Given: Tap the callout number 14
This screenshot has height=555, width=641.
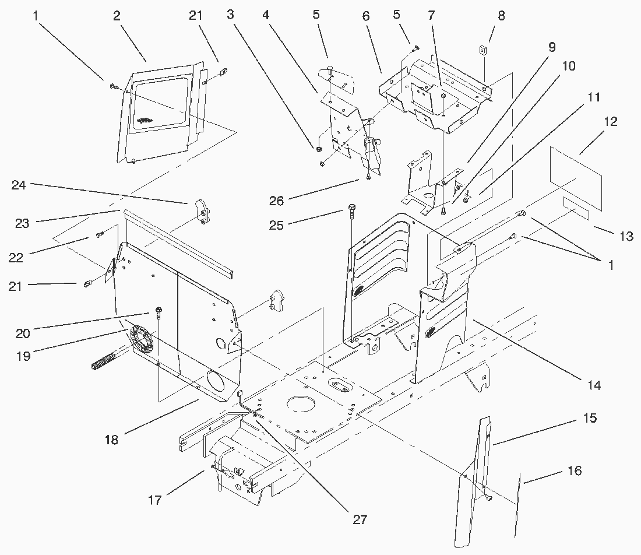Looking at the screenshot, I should click(x=594, y=385).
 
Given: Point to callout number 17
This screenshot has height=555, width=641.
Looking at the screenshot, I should click(x=154, y=500).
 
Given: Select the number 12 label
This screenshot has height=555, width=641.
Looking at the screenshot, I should click(x=610, y=122).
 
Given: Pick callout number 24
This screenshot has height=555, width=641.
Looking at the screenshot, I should click(x=19, y=185).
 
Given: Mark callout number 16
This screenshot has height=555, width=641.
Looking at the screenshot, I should click(x=574, y=470).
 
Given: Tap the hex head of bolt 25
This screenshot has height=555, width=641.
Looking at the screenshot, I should click(x=351, y=207).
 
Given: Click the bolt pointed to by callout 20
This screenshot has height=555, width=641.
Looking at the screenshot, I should click(x=159, y=310).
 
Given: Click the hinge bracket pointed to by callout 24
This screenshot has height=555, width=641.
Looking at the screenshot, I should click(x=202, y=210).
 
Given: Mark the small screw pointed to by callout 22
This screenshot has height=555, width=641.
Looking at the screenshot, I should click(x=100, y=234).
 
